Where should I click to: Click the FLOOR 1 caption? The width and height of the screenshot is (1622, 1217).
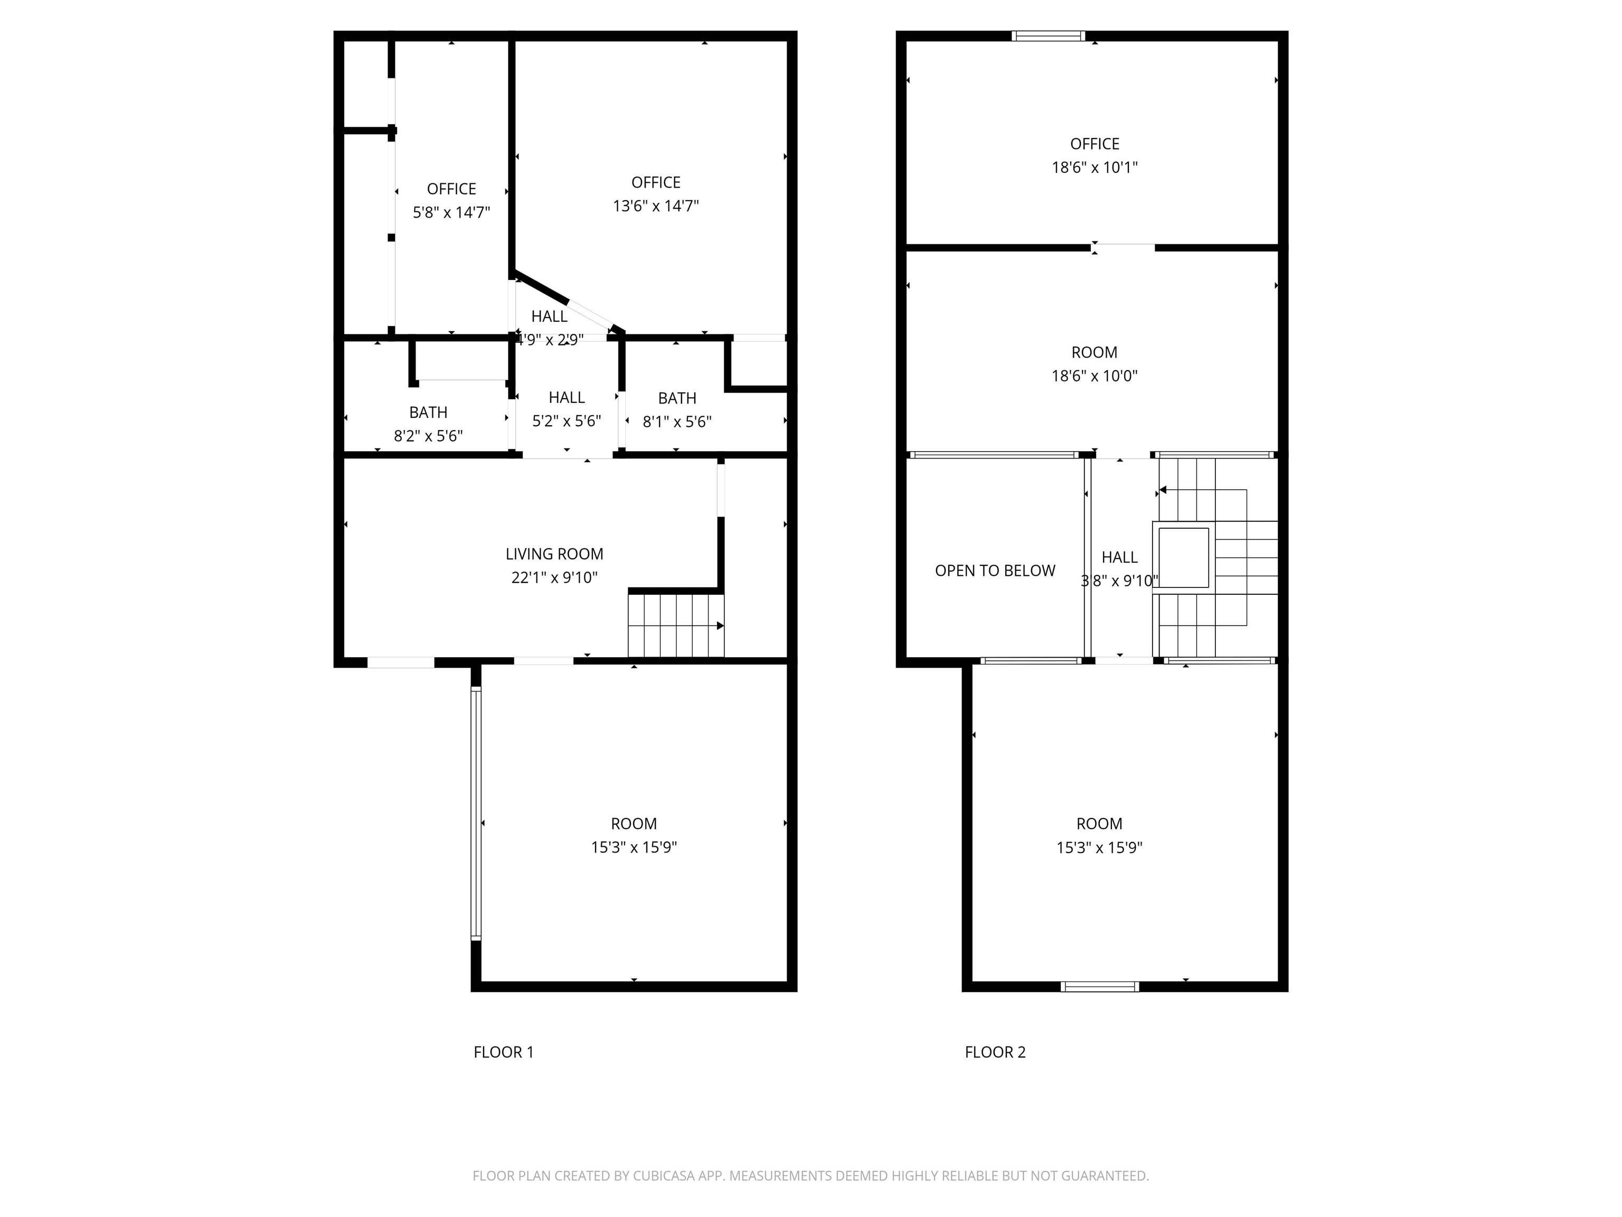pyautogui.click(x=503, y=1052)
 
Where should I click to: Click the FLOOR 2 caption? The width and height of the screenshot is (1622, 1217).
pyautogui.click(x=995, y=1052)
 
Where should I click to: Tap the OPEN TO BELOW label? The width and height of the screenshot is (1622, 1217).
pyautogui.click(x=995, y=570)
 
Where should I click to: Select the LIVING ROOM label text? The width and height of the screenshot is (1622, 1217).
pyautogui.click(x=554, y=554)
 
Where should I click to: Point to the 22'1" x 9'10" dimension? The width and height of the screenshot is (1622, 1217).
pyautogui.click(x=554, y=577)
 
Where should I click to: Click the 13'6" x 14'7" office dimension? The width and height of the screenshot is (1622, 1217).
pyautogui.click(x=656, y=205)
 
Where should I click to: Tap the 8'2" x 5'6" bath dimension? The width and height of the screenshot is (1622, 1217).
pyautogui.click(x=428, y=436)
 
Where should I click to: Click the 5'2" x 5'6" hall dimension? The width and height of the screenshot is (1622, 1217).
pyautogui.click(x=567, y=421)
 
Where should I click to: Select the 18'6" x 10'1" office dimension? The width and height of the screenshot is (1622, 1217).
pyautogui.click(x=1095, y=167)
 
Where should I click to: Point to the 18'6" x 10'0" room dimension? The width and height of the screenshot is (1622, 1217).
pyautogui.click(x=1095, y=376)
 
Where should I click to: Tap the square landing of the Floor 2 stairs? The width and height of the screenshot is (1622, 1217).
pyautogui.click(x=1184, y=557)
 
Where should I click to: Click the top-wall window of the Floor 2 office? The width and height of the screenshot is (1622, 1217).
pyautogui.click(x=1048, y=35)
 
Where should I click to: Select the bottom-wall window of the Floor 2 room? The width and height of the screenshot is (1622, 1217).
pyautogui.click(x=1100, y=987)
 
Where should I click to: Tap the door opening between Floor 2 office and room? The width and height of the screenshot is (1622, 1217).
pyautogui.click(x=1124, y=247)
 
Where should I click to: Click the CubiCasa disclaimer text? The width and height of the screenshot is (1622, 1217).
pyautogui.click(x=810, y=1176)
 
